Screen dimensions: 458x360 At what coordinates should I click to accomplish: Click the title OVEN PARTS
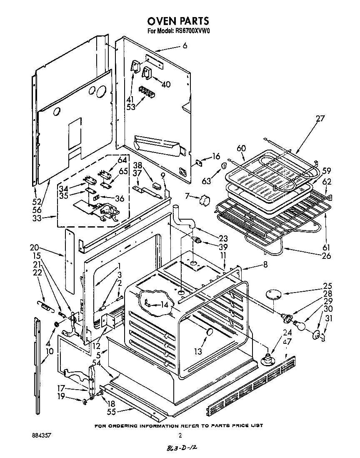coord(178,21)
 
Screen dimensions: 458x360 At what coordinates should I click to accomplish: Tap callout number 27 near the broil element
coord(320,118)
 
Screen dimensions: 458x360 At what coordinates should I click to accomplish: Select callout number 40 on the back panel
coord(166,85)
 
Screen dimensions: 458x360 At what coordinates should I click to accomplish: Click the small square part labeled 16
coord(199,163)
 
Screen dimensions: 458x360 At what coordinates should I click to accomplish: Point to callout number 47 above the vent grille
coord(287,341)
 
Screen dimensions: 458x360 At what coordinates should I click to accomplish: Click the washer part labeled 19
coord(84,401)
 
